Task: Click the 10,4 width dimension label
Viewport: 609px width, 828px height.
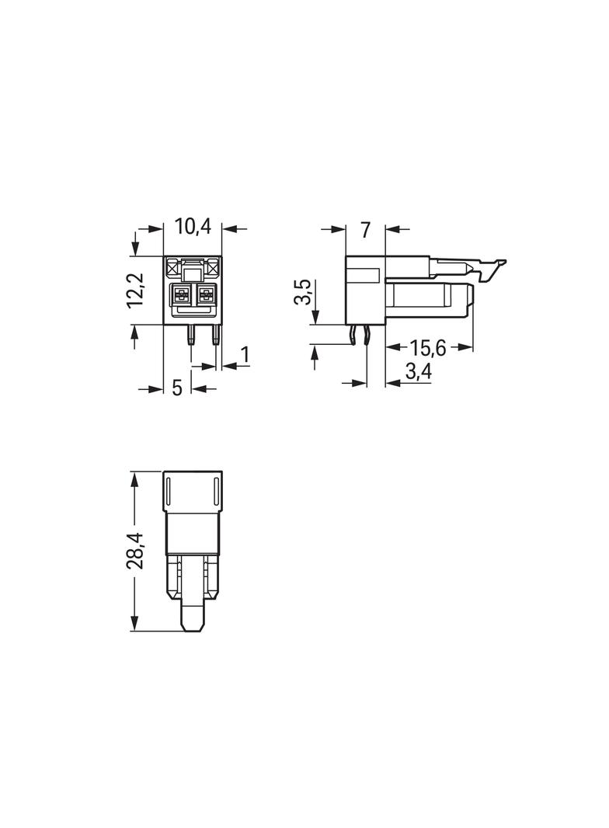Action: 193,227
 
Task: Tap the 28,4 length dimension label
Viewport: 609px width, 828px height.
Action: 135,551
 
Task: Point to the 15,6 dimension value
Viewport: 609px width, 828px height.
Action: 428,348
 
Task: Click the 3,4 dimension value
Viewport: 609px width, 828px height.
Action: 419,372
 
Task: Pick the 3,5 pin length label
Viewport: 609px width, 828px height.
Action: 303,293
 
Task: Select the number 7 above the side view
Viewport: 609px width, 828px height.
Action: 365,230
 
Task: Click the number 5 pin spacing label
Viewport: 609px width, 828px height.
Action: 177,388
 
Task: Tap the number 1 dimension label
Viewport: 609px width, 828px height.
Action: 243,356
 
